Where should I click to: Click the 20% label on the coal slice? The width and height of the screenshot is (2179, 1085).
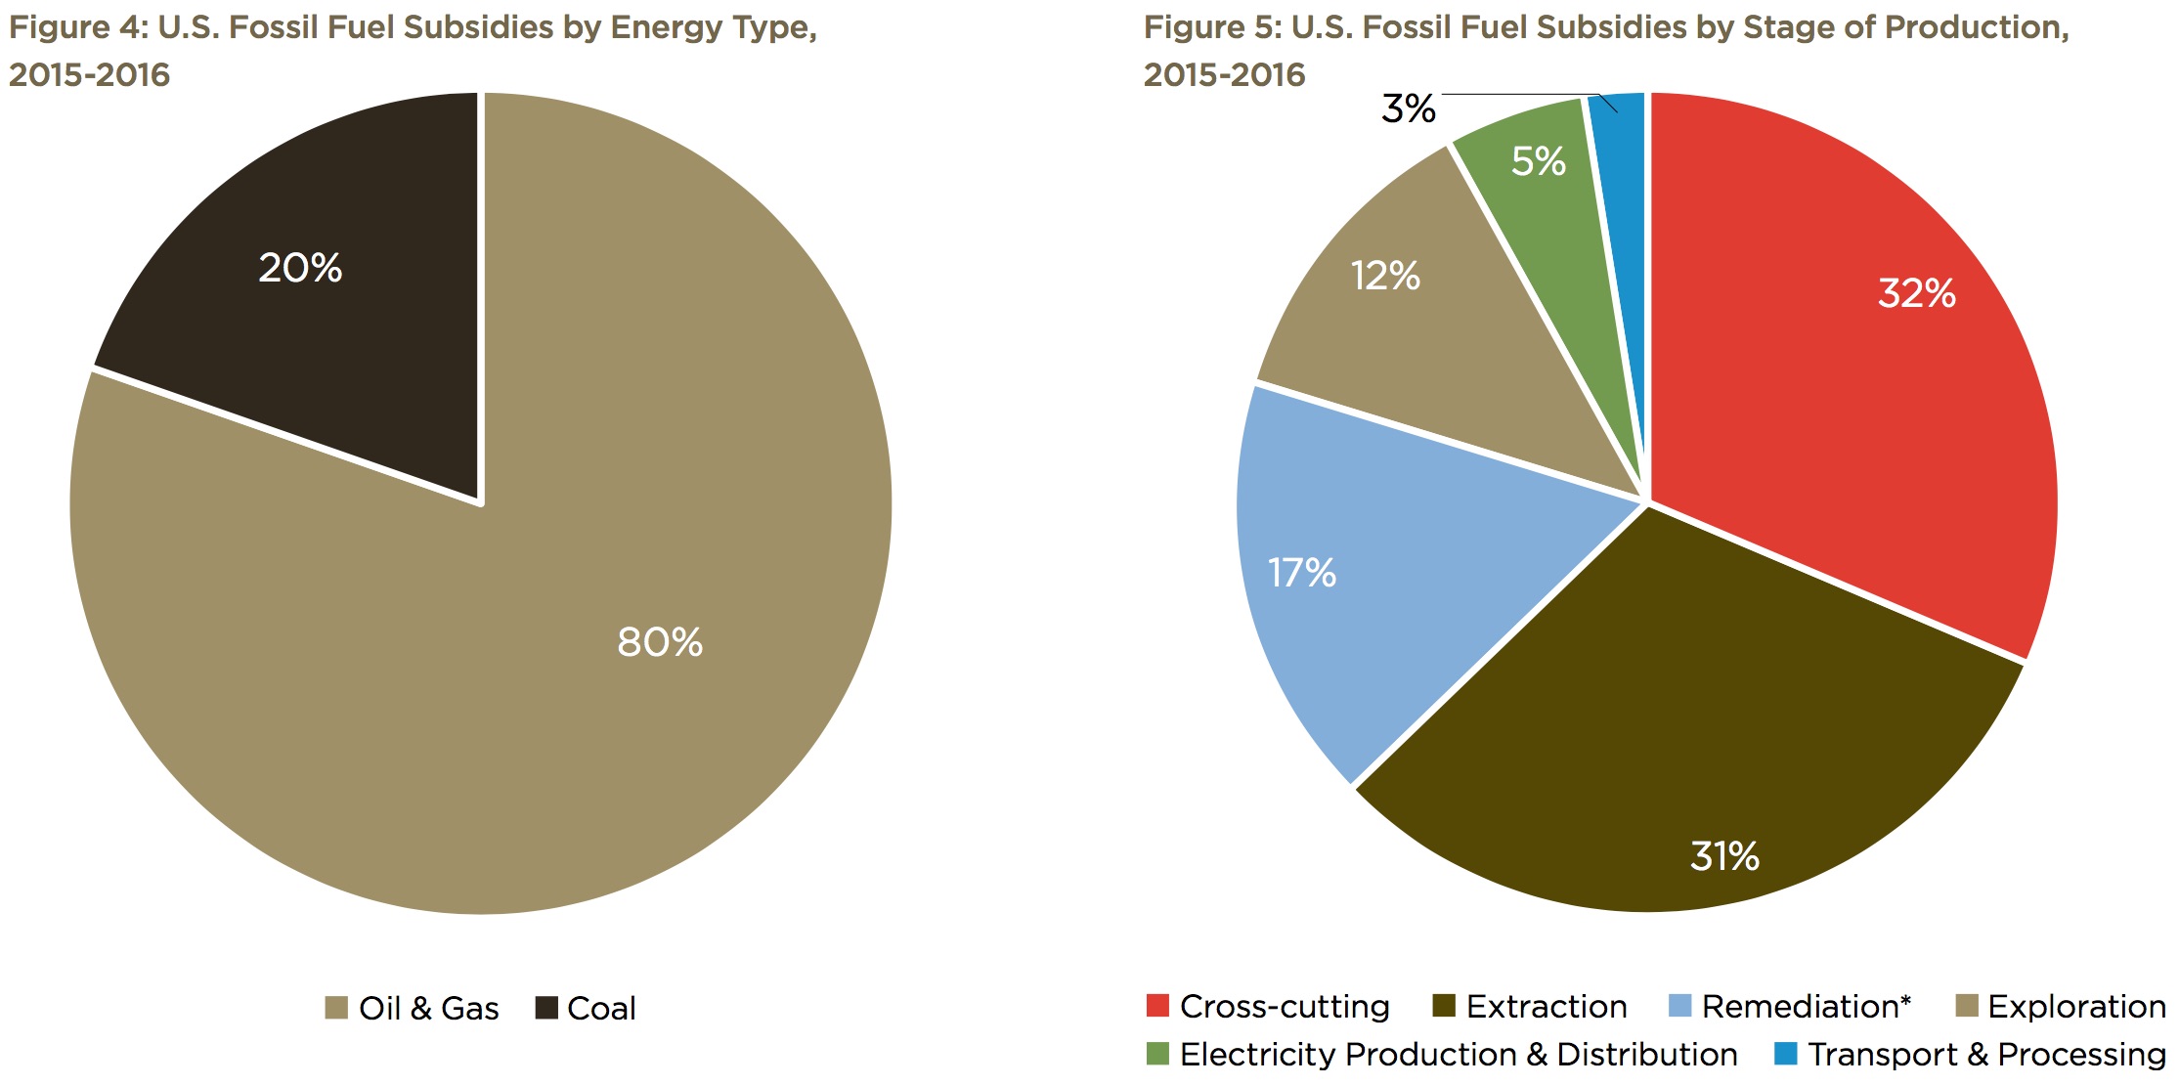tap(300, 268)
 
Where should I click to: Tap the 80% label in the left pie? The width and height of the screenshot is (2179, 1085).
tap(660, 642)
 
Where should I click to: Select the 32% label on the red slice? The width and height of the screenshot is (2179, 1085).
tap(1916, 293)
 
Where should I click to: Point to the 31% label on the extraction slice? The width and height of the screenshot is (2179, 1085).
tap(1724, 856)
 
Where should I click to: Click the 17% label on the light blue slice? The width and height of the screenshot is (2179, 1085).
tap(1301, 573)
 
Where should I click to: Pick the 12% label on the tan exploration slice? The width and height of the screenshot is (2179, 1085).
tap(1385, 276)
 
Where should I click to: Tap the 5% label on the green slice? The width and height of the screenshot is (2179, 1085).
tap(1538, 161)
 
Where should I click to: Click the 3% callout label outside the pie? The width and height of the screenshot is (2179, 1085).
tap(1408, 108)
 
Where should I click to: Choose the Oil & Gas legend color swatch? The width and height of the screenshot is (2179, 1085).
tap(336, 1008)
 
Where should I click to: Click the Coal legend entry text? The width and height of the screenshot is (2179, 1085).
tap(601, 1008)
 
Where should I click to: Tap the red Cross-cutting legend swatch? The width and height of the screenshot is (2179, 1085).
tap(1157, 1005)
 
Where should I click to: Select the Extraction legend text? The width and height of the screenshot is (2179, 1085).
tap(1547, 1006)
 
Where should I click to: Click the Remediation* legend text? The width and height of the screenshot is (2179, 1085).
tap(1806, 1006)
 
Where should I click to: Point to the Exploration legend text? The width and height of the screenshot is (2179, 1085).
tap(2076, 1006)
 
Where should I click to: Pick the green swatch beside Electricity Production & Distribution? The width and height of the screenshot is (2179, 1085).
tap(1157, 1054)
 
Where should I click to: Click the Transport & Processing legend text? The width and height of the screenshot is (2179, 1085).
tap(1985, 1054)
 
